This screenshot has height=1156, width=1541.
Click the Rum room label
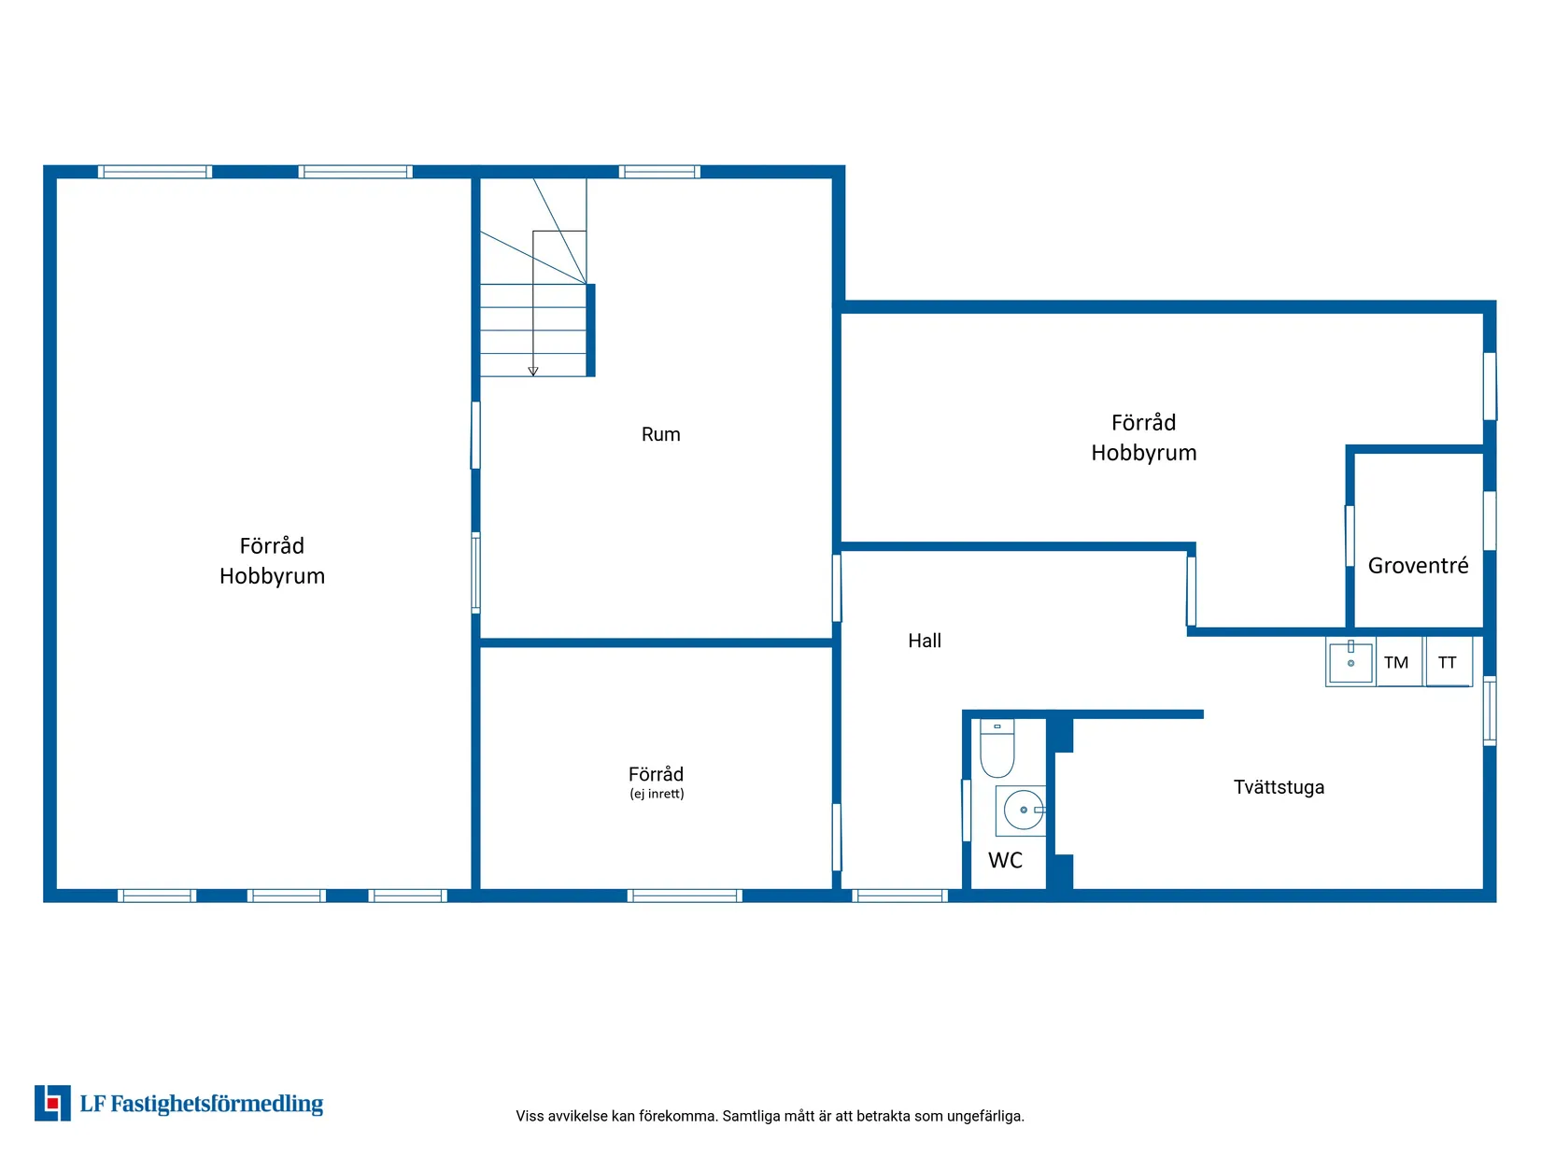660,434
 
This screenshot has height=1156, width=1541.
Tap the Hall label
925,641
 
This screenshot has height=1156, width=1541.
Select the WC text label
1005,861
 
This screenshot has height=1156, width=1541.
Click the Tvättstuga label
1279,787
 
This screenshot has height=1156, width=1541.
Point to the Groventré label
1418,565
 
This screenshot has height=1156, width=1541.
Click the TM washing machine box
1398,661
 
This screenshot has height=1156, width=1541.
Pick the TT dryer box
1448,661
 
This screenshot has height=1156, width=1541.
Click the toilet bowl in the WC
997,748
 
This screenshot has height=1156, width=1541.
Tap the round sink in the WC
1024,810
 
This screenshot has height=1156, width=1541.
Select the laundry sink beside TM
1350,661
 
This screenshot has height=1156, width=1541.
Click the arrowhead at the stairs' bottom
533,372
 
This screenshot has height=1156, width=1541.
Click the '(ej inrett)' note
657,794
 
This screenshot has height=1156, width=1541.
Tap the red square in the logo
52,1104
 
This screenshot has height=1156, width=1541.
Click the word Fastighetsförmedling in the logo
217,1104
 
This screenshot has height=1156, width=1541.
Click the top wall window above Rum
659,172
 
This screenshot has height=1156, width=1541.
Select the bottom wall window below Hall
900,895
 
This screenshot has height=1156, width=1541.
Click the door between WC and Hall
967,810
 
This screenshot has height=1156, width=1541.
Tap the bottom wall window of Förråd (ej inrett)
685,895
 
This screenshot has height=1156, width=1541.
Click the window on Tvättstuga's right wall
1490,711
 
